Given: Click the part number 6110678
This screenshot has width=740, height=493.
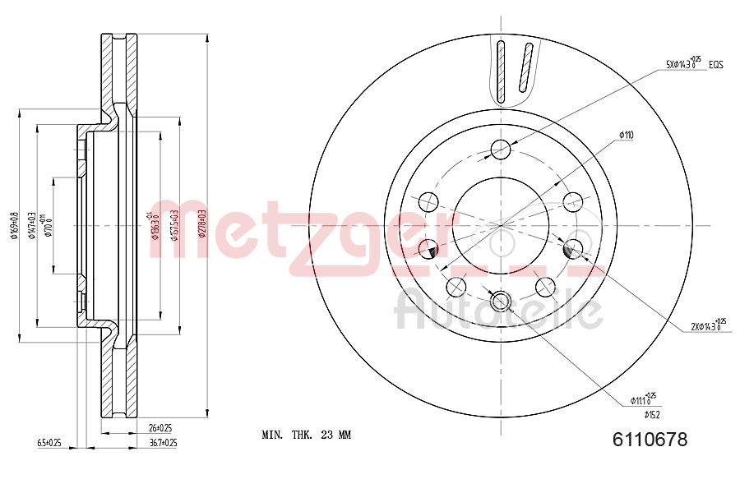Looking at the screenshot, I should [x=650, y=440].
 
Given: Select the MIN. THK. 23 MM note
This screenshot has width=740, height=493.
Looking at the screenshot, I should [x=306, y=435].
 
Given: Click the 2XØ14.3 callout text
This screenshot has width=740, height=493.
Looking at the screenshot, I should [x=708, y=325].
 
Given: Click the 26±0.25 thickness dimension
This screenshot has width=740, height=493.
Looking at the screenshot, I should [x=160, y=428].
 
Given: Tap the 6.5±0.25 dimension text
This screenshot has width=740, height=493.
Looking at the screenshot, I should [x=49, y=442].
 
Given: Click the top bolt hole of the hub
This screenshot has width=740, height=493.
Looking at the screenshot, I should [x=501, y=149].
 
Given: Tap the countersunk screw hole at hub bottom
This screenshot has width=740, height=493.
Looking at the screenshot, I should [x=501, y=302].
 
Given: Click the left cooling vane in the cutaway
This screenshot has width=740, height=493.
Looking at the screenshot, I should [x=501, y=69].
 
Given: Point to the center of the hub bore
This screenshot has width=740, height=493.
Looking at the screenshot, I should [x=501, y=224].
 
